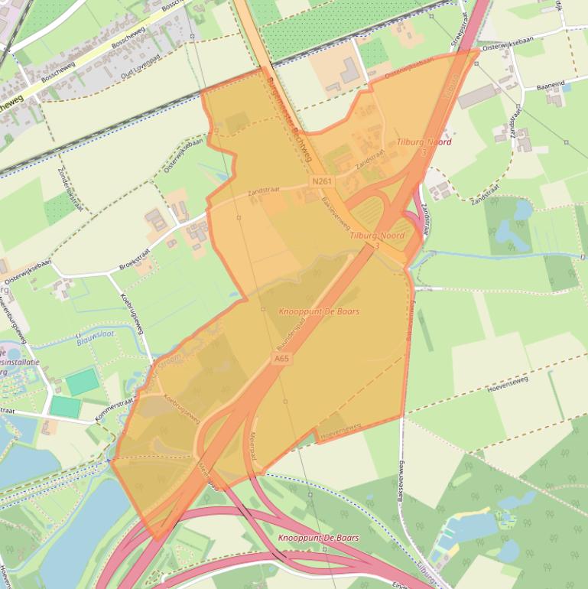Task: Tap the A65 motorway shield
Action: click(281, 357)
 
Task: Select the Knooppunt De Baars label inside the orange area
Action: click(319, 311)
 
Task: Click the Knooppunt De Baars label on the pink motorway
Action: click(319, 538)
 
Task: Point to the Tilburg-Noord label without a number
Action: click(424, 142)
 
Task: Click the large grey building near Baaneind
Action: click(479, 96)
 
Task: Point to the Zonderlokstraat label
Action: click(70, 191)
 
